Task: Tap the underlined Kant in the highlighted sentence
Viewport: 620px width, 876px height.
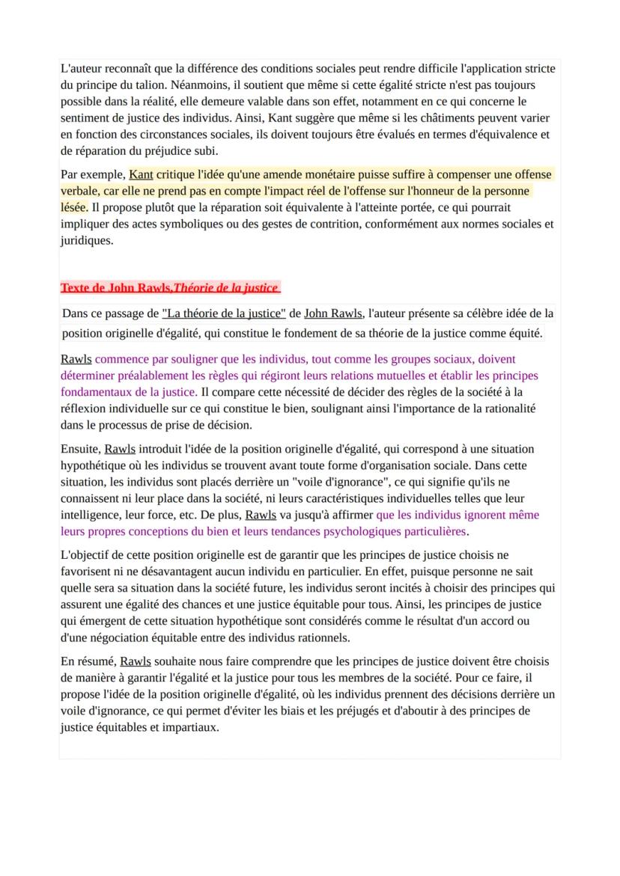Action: click(141, 175)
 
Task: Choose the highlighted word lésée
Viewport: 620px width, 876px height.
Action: click(73, 207)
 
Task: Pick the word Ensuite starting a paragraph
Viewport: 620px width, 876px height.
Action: click(80, 450)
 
